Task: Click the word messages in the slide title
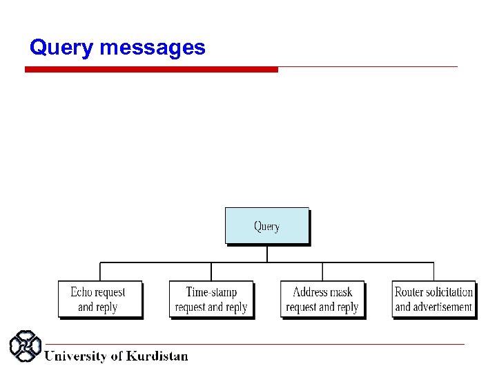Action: (153, 48)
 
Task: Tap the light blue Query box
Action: (266, 225)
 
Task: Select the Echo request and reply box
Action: (99, 299)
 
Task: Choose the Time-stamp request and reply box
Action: (211, 299)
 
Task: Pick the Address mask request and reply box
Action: (322, 299)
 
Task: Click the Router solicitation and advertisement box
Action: (433, 299)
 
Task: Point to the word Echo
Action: (81, 292)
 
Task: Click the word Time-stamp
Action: (211, 292)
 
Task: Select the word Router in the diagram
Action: (409, 292)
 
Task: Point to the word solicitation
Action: (449, 292)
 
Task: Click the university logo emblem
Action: (26, 346)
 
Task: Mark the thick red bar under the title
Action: (151, 69)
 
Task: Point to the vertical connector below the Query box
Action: (267, 254)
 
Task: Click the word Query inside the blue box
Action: (266, 226)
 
